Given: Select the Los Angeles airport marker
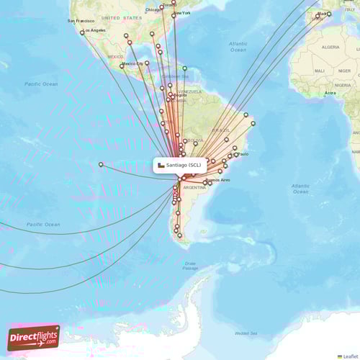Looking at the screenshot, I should (82, 32).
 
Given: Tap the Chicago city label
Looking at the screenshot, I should (153, 9).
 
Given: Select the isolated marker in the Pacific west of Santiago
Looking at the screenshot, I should (101, 164).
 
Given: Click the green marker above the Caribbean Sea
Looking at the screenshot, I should (184, 68).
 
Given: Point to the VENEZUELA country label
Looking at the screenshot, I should (191, 92).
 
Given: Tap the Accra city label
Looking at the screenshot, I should (330, 93).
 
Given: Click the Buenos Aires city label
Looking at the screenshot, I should (217, 180).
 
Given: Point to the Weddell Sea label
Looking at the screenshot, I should (246, 333).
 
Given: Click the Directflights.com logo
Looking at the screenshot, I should (33, 337).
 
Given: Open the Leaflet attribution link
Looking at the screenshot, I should (350, 356).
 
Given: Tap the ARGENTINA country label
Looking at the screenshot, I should (194, 187).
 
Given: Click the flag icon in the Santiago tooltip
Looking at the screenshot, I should (161, 165).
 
